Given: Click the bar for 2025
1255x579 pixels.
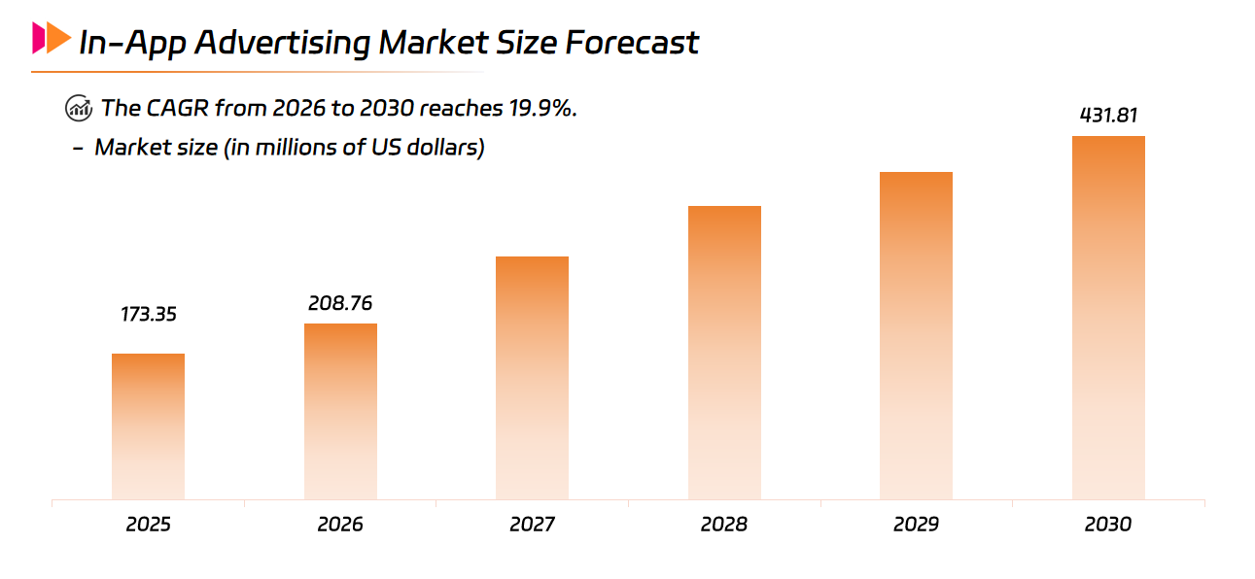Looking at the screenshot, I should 148,426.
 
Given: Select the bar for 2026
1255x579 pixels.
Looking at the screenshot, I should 340,412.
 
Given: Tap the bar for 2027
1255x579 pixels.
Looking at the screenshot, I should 532,378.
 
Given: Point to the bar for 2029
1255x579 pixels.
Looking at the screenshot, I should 916,336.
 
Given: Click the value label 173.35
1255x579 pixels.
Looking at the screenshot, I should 149,315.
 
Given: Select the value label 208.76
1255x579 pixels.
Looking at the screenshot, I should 340,303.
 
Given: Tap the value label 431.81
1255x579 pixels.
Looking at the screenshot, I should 1108,116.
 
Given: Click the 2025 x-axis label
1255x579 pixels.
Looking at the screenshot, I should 148,525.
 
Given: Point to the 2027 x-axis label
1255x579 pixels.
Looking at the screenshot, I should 532,525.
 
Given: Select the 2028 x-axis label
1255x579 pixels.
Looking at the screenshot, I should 724,525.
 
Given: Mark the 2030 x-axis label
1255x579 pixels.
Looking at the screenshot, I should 1108,525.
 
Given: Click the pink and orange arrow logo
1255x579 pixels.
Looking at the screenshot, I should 51,39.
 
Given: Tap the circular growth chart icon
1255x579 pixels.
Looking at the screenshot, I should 79,108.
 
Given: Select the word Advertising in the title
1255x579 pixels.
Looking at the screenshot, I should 278,43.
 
